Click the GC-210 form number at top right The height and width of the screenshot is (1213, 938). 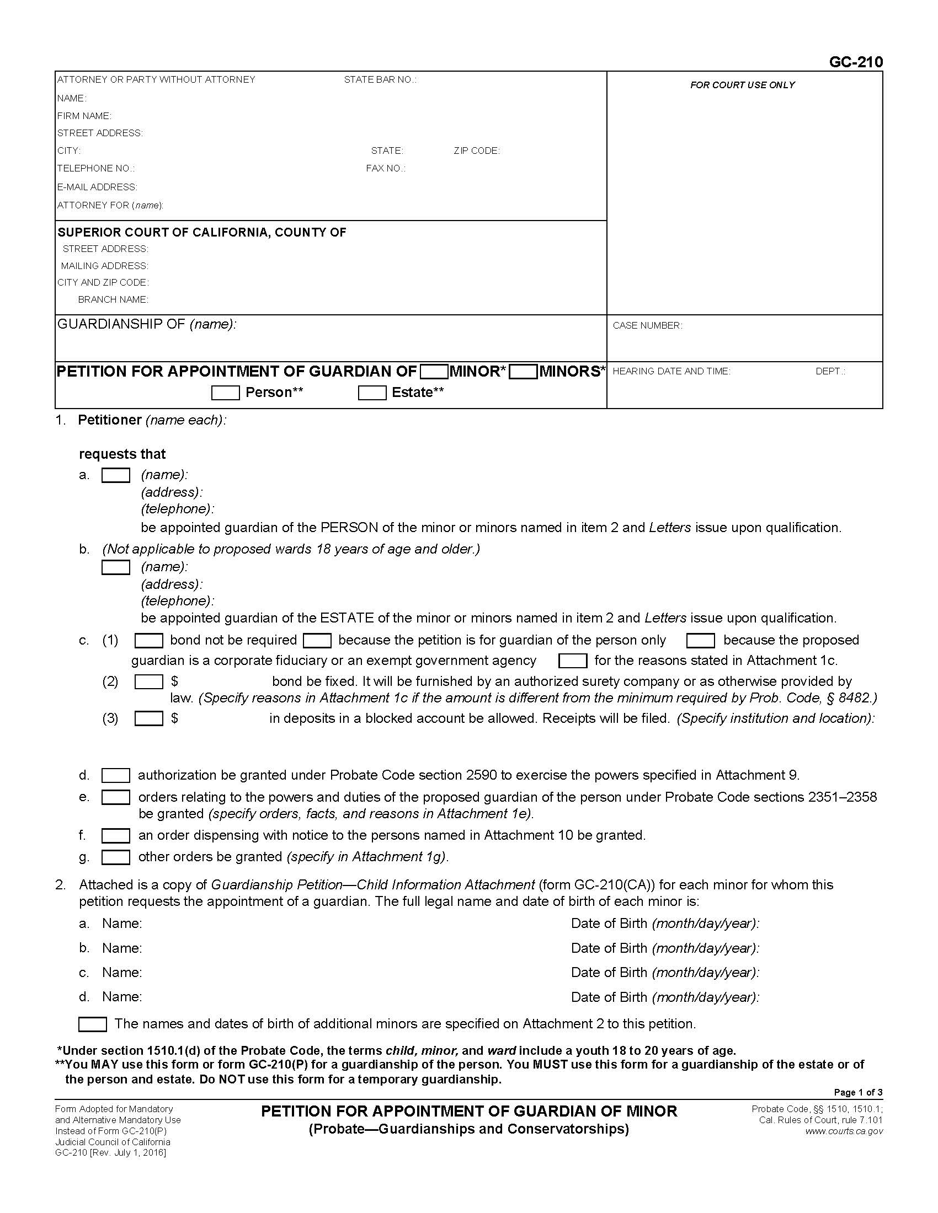point(855,62)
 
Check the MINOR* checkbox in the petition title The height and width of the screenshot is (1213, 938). point(434,372)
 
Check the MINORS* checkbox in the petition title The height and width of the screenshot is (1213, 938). point(523,372)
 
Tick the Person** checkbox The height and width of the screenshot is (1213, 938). point(225,393)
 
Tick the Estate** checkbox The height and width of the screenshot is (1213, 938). point(372,393)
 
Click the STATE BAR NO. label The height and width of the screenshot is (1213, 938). point(380,80)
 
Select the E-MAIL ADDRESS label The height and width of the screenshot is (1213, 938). point(97,187)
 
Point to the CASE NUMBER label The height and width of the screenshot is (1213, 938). point(647,326)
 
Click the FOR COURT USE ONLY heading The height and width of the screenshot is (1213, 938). point(742,85)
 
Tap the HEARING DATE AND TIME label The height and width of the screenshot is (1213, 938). point(671,372)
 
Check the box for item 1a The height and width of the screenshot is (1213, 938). point(115,475)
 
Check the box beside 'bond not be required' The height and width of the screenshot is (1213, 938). point(148,641)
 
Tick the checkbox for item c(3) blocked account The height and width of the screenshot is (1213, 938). point(148,718)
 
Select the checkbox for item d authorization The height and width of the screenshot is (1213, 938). point(115,775)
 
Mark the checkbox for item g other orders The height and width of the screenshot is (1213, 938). point(115,857)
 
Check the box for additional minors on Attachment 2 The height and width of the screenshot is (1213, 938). point(92,1024)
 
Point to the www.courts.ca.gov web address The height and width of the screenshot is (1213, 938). point(844,1131)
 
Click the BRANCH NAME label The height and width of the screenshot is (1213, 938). point(113,300)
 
